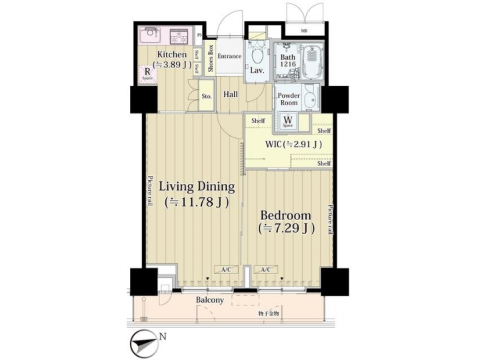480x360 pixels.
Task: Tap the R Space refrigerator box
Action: pos(147,74)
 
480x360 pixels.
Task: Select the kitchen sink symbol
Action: pos(150,35)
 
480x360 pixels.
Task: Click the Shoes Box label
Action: pos(211,58)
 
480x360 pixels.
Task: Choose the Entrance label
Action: pos(229,57)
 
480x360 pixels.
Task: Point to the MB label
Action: pos(304,31)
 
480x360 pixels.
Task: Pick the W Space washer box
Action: pos(287,122)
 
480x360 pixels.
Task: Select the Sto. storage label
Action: pos(207,96)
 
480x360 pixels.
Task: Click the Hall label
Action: pos(231,95)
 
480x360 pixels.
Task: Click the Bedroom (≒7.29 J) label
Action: pos(285,222)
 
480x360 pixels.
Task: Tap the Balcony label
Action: pos(209,301)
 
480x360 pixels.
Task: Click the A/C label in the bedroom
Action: pos(265,269)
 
